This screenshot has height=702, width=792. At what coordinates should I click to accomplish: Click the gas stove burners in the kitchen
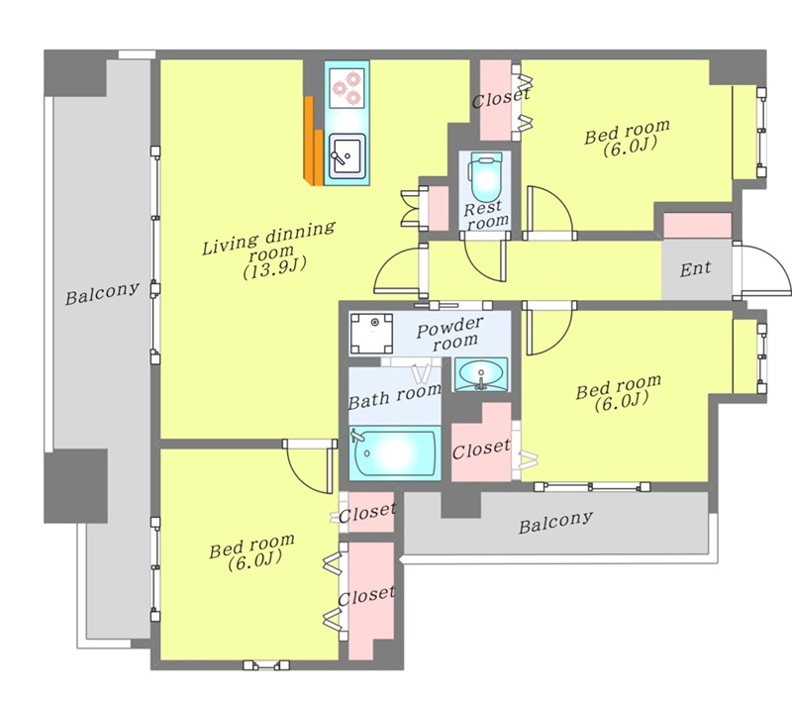click(x=346, y=88)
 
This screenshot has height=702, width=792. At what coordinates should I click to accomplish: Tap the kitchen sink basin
click(x=347, y=156)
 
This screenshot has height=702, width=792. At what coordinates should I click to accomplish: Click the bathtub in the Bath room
click(x=394, y=453)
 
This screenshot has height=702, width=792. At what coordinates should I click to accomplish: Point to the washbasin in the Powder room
click(x=480, y=374)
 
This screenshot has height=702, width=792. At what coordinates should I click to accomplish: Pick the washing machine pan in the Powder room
click(x=372, y=334)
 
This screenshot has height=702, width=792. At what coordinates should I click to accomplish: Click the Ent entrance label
click(x=696, y=269)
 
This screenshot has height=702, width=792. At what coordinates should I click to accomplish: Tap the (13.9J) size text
click(x=275, y=267)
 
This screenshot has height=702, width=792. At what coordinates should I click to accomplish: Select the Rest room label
click(x=486, y=214)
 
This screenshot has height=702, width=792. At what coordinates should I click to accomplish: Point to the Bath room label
click(x=394, y=395)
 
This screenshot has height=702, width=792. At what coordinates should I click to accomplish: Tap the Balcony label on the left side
click(x=102, y=293)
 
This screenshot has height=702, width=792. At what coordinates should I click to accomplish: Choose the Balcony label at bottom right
click(x=555, y=522)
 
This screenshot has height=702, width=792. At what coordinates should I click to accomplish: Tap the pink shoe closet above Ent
click(x=698, y=225)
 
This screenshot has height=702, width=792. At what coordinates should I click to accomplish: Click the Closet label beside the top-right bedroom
click(x=501, y=98)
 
